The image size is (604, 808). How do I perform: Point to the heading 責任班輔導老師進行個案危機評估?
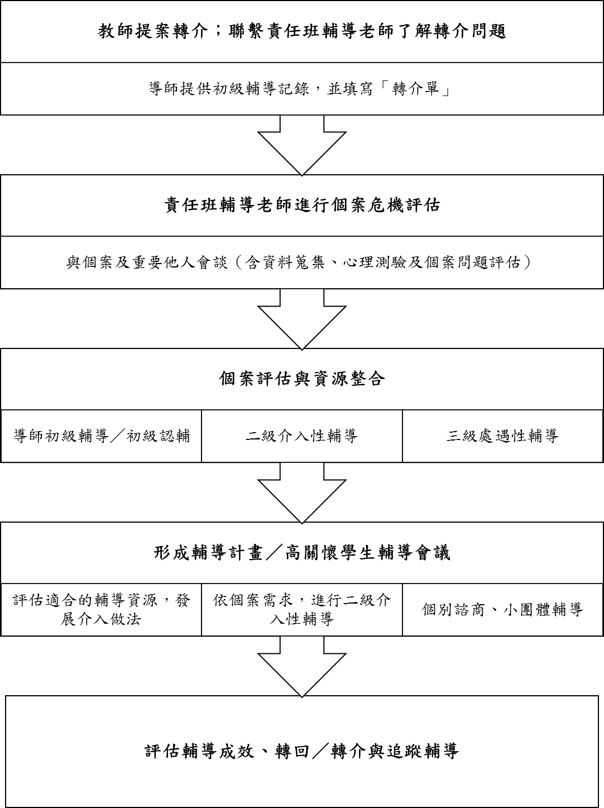pyautogui.click(x=302, y=205)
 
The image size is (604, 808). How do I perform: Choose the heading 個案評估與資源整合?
pyautogui.click(x=302, y=379)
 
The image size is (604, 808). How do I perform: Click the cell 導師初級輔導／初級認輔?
pyautogui.click(x=102, y=436)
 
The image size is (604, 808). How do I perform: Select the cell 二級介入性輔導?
pyautogui.click(x=302, y=436)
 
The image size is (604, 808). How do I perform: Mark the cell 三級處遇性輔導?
pyautogui.click(x=502, y=436)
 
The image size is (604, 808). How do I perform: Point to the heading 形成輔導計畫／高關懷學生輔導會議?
pyautogui.click(x=302, y=553)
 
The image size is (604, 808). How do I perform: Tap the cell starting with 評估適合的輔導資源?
pyautogui.click(x=102, y=609)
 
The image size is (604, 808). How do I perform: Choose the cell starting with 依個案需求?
pyautogui.click(x=302, y=609)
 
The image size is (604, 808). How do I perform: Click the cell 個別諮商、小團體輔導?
pyautogui.click(x=502, y=609)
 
